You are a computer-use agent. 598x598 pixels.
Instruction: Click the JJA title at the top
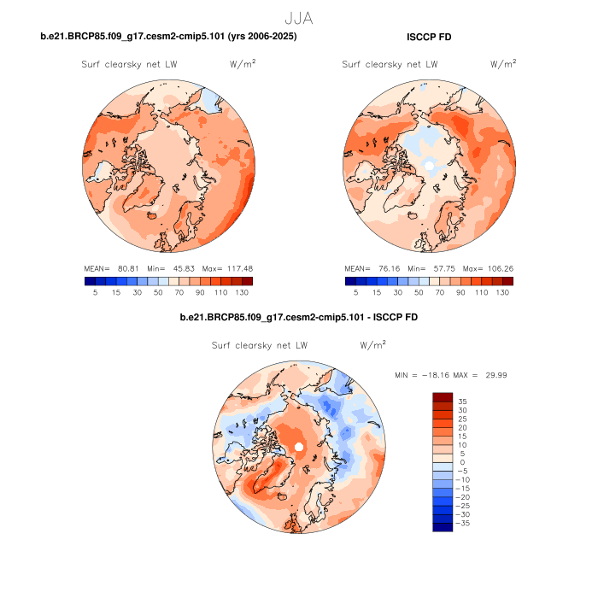[x=298, y=15]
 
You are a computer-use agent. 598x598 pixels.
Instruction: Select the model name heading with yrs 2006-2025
[x=169, y=37]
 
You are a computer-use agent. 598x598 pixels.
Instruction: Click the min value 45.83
[x=179, y=267]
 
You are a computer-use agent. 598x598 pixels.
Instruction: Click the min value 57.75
[x=439, y=267]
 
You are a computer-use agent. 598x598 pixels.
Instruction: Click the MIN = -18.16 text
[x=423, y=375]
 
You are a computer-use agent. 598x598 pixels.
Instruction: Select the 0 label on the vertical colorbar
[x=462, y=462]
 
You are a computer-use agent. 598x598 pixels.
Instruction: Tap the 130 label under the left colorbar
[x=243, y=292]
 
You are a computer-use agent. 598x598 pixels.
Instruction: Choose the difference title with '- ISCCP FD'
[x=298, y=318]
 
